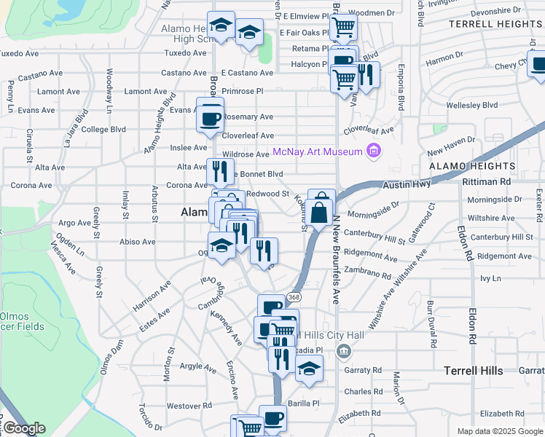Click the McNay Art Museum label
(318, 151)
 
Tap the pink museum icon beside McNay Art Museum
(374, 151)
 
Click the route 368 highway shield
(294, 297)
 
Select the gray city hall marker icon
(344, 352)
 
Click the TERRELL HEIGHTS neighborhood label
(495, 24)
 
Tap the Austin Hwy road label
(407, 186)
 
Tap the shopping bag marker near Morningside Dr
(319, 213)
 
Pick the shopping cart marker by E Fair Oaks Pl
(342, 28)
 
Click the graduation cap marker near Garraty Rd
(309, 369)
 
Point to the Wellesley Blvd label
(471, 105)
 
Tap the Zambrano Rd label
(368, 274)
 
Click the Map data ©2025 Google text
(500, 431)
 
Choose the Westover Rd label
(189, 406)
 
